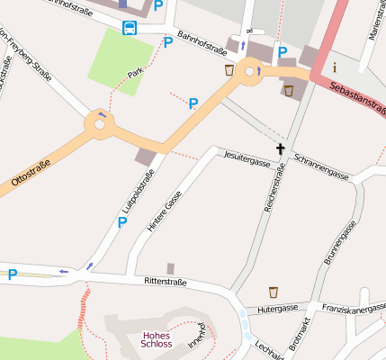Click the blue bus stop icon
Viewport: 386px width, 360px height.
[130, 27]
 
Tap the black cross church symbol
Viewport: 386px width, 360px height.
[280, 148]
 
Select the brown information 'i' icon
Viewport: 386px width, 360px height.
[335, 67]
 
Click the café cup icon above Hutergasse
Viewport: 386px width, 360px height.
[274, 292]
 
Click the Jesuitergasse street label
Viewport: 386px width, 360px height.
[247, 159]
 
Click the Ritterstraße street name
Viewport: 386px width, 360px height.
[165, 282]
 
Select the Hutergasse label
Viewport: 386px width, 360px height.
[278, 308]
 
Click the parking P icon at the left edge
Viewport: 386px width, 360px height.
[13, 274]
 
